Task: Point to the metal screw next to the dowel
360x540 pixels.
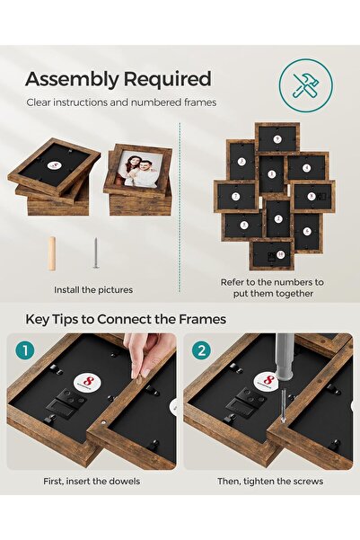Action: click(x=94, y=253)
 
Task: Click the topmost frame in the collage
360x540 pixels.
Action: click(x=277, y=138)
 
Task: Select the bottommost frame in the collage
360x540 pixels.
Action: click(x=271, y=254)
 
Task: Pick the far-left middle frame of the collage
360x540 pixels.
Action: click(x=235, y=196)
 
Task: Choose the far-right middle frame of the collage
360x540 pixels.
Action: click(x=312, y=196)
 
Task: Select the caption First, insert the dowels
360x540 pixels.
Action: click(x=92, y=481)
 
